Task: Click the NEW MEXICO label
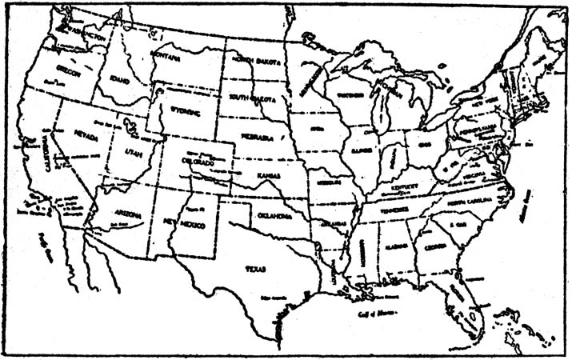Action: point(186,220)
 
